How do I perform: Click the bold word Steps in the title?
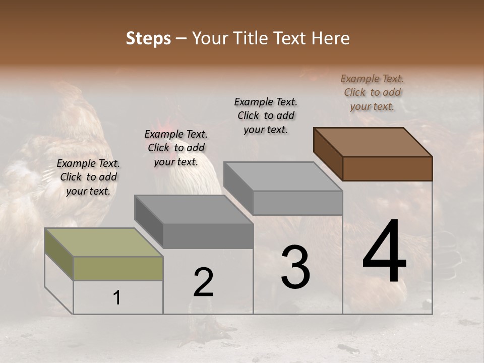pyautogui.click(x=148, y=38)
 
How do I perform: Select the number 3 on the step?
pyautogui.click(x=295, y=267)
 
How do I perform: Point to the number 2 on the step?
pyautogui.click(x=203, y=282)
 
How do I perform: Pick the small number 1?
pyautogui.click(x=117, y=297)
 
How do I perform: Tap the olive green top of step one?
pyautogui.click(x=103, y=242)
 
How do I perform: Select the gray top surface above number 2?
pyautogui.click(x=194, y=209)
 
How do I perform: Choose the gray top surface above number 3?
pyautogui.click(x=283, y=176)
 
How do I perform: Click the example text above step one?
pyautogui.click(x=88, y=177)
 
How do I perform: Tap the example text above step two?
pyautogui.click(x=176, y=148)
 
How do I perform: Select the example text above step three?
pyautogui.click(x=266, y=115)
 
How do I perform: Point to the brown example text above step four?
pyautogui.click(x=372, y=92)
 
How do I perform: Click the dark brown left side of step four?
pyautogui.click(x=328, y=154)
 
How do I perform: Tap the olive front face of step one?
pyautogui.click(x=118, y=268)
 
